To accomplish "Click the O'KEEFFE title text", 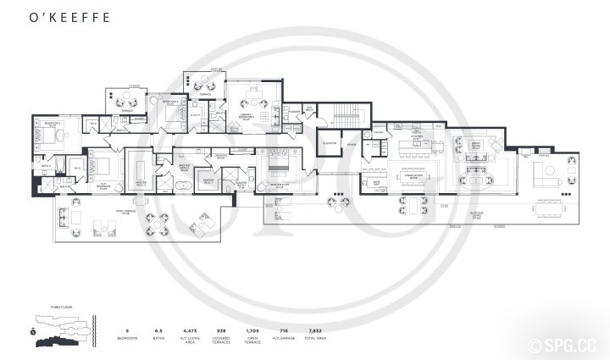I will point(58,15).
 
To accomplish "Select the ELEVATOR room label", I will point(330,143).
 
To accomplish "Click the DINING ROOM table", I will point(413,177).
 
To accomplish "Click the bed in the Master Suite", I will point(278,160).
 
